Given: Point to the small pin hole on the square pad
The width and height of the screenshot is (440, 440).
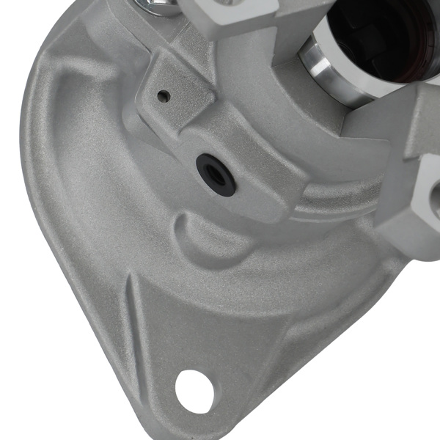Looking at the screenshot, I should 164,96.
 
